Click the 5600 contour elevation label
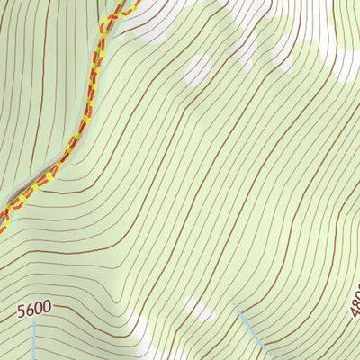[34, 309]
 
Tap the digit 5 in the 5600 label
[22, 311]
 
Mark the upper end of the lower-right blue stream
[236, 305]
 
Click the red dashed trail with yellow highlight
[81, 130]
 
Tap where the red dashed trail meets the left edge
[2, 219]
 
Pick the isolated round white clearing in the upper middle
[197, 69]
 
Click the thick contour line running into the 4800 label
[333, 270]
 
